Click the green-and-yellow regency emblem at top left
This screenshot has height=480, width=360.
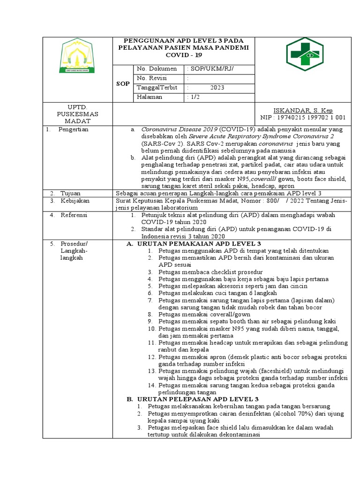[78, 56]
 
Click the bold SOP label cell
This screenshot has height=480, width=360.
[123, 83]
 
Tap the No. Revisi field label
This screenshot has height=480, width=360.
[152, 78]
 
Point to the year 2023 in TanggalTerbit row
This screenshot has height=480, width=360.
[217, 88]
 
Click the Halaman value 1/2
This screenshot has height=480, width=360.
[194, 97]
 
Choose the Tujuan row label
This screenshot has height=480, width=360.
[69, 193]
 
